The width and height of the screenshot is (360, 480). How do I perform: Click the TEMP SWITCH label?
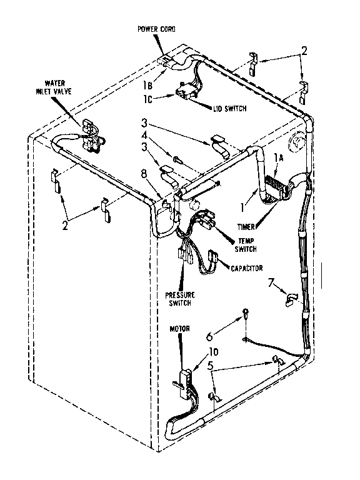(x=246, y=244)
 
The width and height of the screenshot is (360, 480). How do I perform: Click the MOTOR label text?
(x=179, y=328)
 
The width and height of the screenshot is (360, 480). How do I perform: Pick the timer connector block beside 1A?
(x=273, y=184)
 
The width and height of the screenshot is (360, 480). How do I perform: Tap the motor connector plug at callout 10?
(x=182, y=380)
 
